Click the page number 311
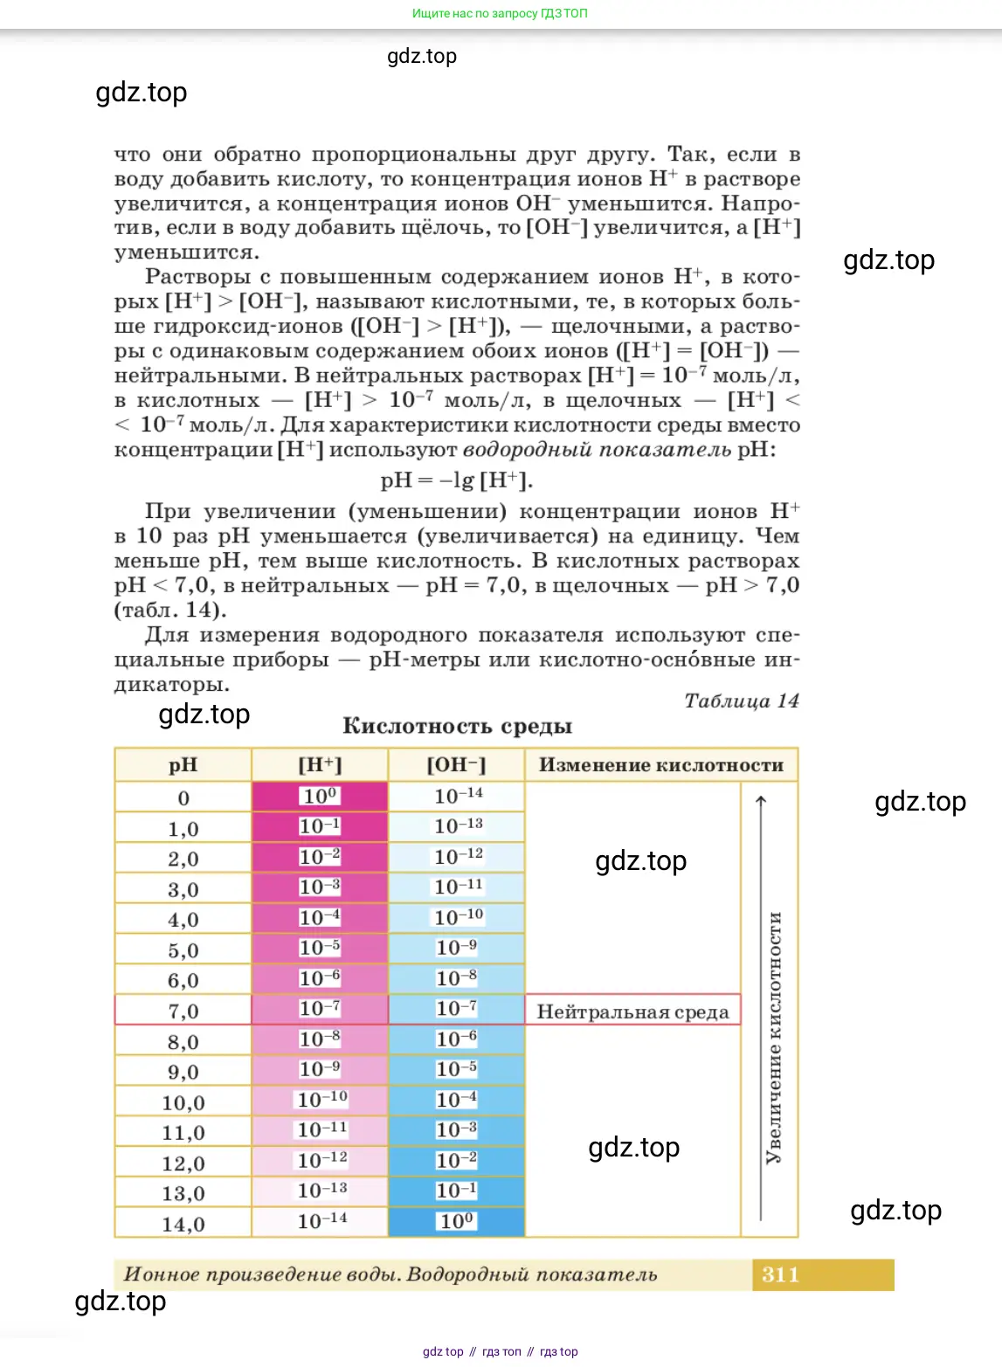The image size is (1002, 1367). coord(780,1274)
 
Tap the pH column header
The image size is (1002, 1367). coord(183,765)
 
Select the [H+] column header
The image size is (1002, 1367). coord(320,765)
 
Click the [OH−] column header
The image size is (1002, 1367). coord(456,765)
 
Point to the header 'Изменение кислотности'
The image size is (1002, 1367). coord(661,765)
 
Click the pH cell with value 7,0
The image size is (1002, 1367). coord(183,1011)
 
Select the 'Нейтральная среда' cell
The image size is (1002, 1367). coord(632,1011)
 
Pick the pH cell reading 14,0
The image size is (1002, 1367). coord(183,1224)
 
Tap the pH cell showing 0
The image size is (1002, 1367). coord(183,797)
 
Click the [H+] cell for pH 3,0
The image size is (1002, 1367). coord(320,887)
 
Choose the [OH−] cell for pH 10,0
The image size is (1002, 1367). coord(456,1101)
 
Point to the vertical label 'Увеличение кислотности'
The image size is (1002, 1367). coord(774,1038)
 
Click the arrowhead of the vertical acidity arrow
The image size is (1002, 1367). coord(761,800)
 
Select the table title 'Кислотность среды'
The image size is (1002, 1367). coord(457,726)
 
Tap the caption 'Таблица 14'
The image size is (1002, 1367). coord(741,701)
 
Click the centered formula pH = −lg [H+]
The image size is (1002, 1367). coord(456,480)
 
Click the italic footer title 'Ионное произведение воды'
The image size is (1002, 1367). coord(262,1274)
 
